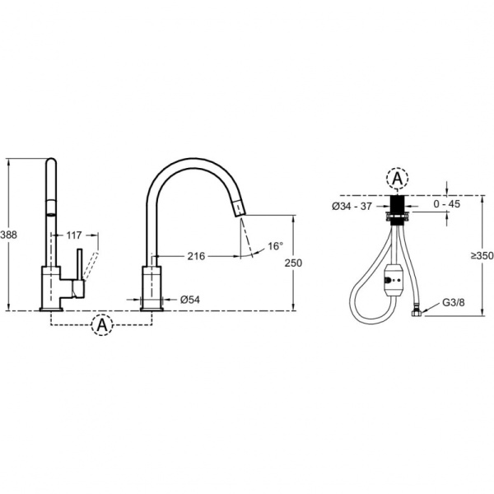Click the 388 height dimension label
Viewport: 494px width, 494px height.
tap(8, 235)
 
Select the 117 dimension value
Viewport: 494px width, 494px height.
tap(74, 235)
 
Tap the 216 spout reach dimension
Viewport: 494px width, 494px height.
tap(196, 256)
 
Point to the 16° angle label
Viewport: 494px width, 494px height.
tap(275, 246)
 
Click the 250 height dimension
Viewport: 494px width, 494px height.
tap(293, 263)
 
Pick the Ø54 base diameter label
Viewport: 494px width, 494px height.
tap(190, 300)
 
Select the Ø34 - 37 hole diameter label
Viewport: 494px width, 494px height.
tap(352, 207)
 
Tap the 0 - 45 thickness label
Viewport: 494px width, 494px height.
tap(447, 204)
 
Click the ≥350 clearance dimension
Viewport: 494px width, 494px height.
tap(482, 256)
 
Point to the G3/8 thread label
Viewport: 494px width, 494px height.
tap(454, 303)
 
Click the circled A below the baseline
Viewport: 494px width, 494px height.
tap(102, 325)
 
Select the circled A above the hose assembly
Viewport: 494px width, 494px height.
tap(398, 179)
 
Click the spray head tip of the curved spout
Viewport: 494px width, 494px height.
tap(239, 208)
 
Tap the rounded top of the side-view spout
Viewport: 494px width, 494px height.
tap(51, 161)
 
